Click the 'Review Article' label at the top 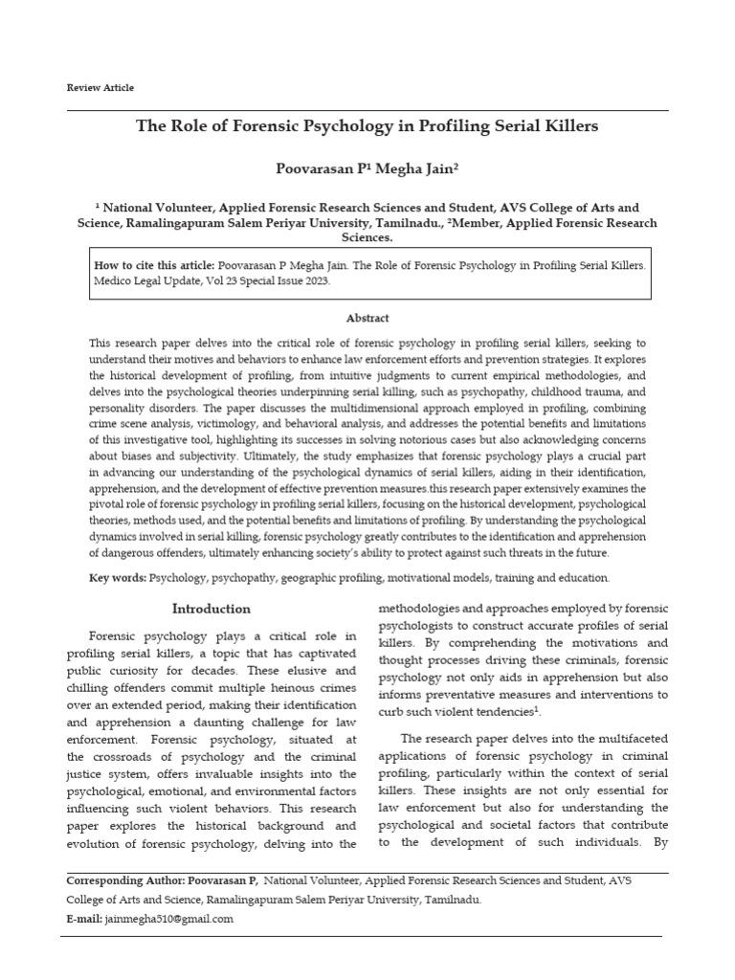(x=100, y=88)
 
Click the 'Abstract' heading (x=367, y=319)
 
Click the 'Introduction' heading (x=211, y=609)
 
